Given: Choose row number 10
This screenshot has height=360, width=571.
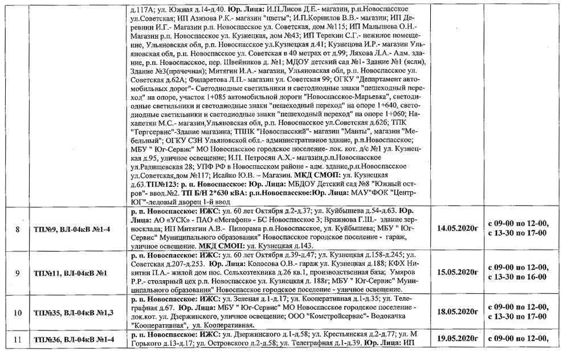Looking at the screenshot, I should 18,312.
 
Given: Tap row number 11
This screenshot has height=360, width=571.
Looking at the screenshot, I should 18,340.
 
